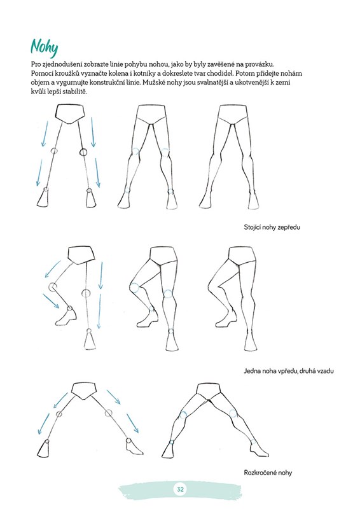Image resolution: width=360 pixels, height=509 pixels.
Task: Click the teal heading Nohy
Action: click(44, 47)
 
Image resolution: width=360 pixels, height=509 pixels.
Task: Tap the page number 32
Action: click(180, 489)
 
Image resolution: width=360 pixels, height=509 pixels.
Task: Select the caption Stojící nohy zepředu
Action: click(272, 227)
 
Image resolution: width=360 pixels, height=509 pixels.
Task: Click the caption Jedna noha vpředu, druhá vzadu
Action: click(289, 371)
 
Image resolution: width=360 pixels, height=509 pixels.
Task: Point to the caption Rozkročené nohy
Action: click(268, 473)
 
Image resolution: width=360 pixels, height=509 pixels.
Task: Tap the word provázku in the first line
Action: click(261, 64)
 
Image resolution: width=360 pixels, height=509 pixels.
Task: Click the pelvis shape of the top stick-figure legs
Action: click(70, 114)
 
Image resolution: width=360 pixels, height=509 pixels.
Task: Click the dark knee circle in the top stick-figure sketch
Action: click(83, 151)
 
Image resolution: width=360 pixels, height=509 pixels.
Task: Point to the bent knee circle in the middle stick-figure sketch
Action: click(52, 287)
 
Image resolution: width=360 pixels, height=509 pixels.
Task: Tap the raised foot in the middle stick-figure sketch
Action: click(67, 316)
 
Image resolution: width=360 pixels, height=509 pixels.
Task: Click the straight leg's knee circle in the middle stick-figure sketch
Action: click(86, 293)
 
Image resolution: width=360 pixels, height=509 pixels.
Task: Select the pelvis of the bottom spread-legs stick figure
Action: click(84, 391)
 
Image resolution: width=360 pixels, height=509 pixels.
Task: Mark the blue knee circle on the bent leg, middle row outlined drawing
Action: click(134, 288)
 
